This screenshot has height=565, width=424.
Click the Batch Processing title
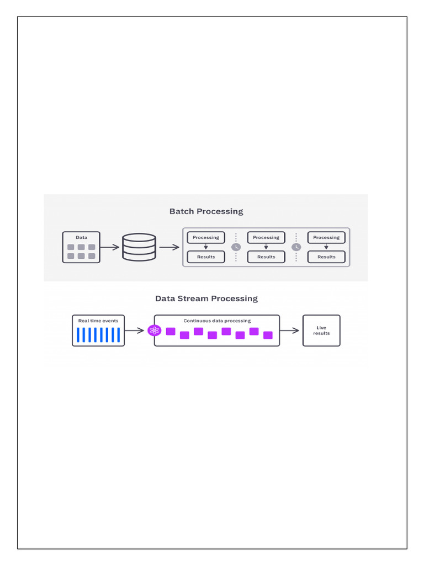206,211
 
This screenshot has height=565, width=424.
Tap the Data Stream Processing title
206,299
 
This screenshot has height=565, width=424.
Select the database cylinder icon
139,247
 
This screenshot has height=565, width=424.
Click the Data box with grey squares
81,247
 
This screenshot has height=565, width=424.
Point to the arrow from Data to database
110,247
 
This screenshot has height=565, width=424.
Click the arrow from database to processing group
169,247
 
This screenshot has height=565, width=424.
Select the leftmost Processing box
206,237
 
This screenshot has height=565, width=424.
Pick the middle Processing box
266,237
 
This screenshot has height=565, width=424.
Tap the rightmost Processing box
326,237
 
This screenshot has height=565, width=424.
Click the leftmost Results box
206,257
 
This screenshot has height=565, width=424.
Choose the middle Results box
266,257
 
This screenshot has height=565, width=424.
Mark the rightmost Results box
326,257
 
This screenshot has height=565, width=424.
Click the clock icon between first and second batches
236,247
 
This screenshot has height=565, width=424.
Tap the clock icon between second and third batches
296,247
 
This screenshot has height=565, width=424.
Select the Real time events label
98,321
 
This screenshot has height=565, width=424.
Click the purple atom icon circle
155,331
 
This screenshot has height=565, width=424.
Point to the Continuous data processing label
217,321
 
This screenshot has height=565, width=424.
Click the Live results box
321,331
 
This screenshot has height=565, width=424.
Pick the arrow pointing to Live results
289,331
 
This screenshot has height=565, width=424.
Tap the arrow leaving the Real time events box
135,331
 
